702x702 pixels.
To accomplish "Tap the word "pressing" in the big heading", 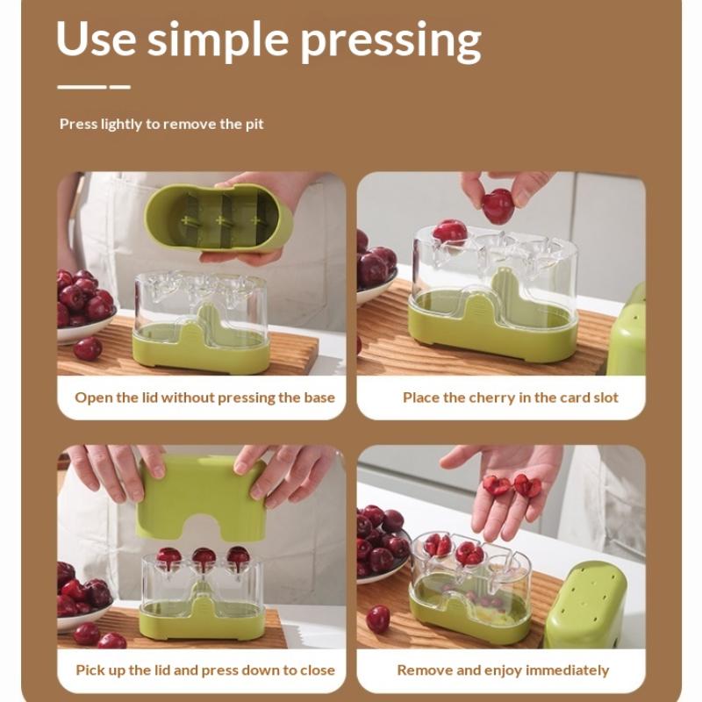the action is click(x=390, y=41).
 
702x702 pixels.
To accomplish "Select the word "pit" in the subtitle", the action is click(x=254, y=124).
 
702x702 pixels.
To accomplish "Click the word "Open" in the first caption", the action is click(x=94, y=398).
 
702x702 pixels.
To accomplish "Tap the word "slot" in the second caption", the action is click(x=605, y=398).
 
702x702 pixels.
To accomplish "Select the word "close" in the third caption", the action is click(x=318, y=670).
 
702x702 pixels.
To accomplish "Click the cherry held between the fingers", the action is click(x=498, y=206).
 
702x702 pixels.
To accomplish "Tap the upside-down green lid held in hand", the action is click(x=218, y=217).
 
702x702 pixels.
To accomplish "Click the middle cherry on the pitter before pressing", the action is click(x=204, y=559).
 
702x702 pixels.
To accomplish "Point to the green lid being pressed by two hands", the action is click(x=202, y=497).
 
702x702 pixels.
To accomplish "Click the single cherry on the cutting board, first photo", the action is click(x=87, y=348).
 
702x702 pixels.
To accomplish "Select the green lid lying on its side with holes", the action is click(x=585, y=605).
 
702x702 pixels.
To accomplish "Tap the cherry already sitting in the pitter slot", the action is click(x=450, y=232).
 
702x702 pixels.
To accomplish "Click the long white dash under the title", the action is click(x=82, y=87).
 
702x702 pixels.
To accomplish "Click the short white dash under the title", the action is click(x=120, y=87).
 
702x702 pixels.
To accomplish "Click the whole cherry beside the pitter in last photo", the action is click(x=378, y=620).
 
